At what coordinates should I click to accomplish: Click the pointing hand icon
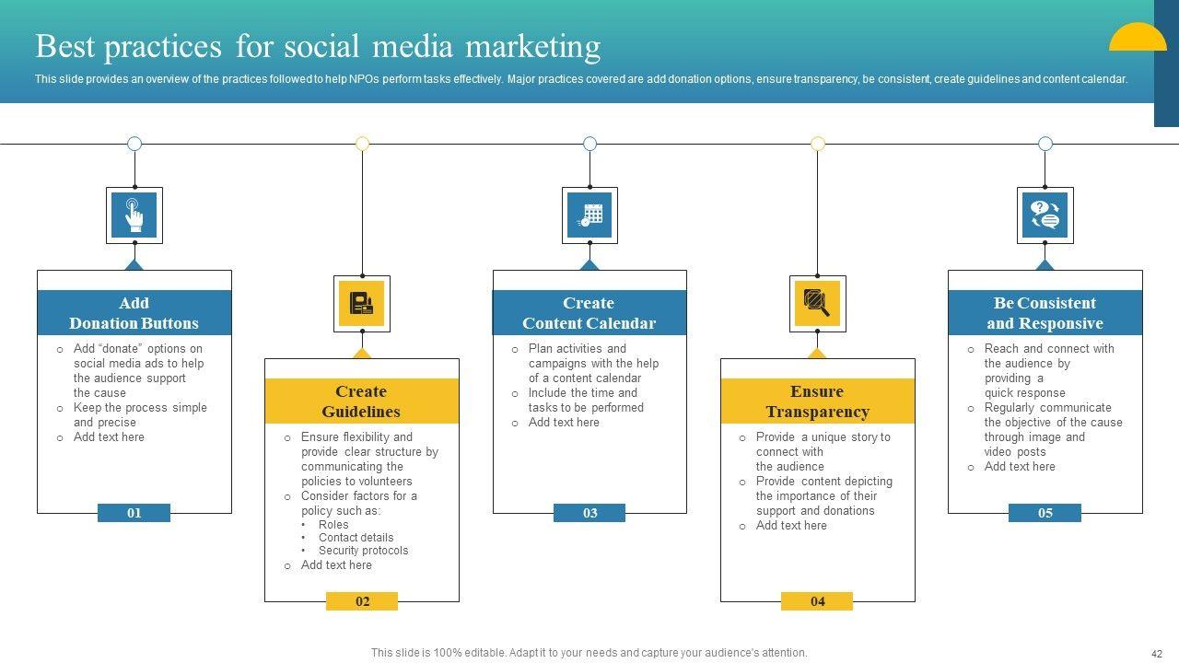[134, 215]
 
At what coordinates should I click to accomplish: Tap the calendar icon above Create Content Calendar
[590, 215]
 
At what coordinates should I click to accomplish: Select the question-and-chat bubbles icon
[1045, 215]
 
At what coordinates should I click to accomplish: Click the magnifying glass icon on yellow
[817, 304]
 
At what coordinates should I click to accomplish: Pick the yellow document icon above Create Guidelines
[362, 304]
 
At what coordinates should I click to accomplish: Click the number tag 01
[134, 513]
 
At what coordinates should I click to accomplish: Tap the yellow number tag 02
[362, 601]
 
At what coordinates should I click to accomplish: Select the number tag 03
[589, 513]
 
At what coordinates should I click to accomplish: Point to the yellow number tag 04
[817, 601]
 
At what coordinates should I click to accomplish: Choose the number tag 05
[1045, 513]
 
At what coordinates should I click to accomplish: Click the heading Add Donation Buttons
[134, 313]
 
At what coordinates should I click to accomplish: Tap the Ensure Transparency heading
[817, 401]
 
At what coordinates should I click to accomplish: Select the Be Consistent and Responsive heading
[1045, 313]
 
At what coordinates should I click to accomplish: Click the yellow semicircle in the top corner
[1138, 38]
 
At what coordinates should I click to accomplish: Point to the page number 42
[1157, 654]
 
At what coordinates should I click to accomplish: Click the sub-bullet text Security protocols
[363, 551]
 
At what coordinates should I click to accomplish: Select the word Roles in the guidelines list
[333, 525]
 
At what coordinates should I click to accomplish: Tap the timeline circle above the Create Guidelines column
[362, 144]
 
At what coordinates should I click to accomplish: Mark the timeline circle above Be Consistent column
[1045, 144]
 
